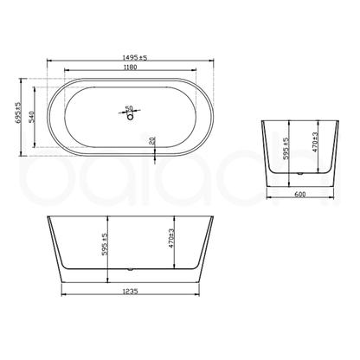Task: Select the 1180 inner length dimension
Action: (x=130, y=69)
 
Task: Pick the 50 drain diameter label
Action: (x=131, y=109)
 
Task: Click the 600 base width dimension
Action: (x=299, y=196)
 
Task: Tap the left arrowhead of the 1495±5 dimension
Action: (x=46, y=64)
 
